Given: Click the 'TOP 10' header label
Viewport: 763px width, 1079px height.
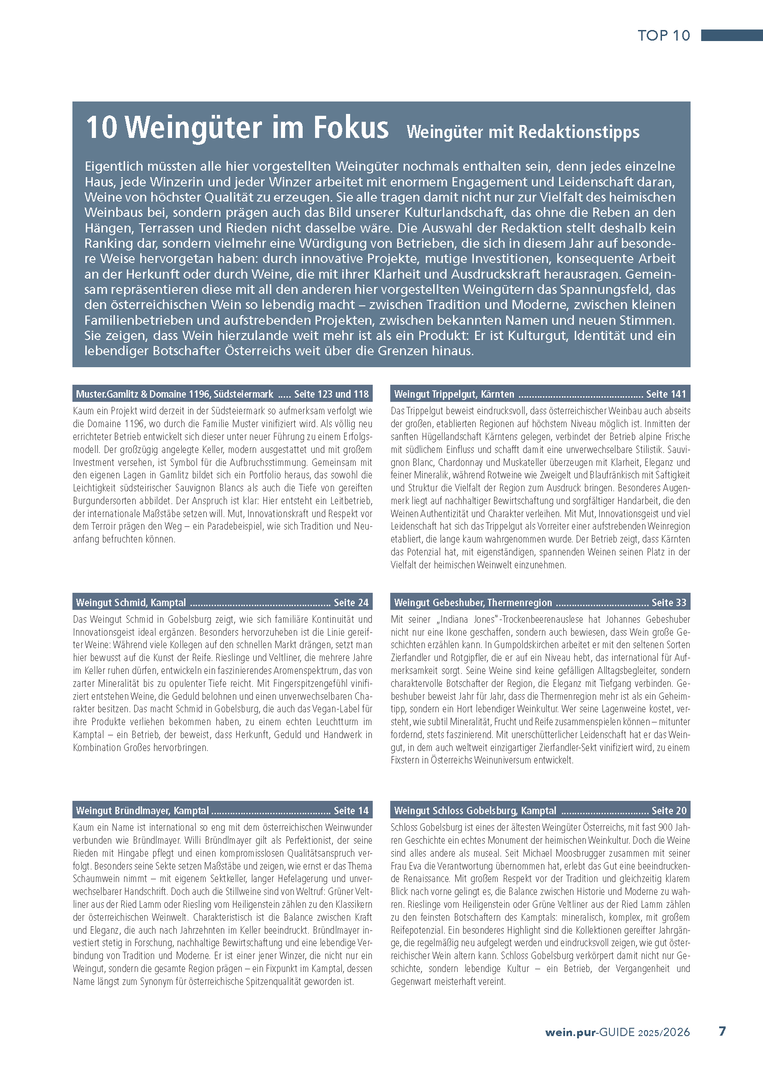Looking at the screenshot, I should click(663, 35).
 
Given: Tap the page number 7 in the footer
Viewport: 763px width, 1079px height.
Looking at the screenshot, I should click(722, 1031).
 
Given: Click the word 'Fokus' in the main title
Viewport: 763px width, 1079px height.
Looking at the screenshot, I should click(351, 127).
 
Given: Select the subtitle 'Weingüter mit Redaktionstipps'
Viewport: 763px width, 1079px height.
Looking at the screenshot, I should click(523, 132).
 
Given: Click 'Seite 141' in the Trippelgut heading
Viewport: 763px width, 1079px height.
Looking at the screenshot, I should click(666, 394).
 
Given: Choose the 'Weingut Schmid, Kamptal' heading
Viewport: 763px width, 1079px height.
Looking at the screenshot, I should click(131, 602).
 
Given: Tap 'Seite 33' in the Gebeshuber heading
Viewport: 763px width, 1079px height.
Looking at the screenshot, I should click(668, 602).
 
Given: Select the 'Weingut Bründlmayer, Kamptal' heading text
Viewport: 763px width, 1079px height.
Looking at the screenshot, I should click(143, 811).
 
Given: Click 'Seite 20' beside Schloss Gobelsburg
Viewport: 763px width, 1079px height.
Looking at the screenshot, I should click(668, 811).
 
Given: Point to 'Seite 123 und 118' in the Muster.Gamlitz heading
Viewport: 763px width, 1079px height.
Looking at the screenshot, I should click(331, 394).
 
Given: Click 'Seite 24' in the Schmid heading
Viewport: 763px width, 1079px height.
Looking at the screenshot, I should click(351, 602).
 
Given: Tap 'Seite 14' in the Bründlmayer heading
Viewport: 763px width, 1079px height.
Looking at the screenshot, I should click(351, 811).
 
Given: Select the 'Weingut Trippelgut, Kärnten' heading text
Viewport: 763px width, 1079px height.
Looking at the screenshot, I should click(454, 394).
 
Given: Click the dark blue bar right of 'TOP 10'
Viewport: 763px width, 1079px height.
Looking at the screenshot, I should click(732, 35).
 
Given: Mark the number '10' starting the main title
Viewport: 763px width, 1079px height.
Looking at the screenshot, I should click(101, 127).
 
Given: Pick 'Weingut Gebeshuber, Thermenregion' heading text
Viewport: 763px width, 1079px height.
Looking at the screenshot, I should click(473, 602).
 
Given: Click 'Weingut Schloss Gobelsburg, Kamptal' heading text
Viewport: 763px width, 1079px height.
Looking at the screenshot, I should click(475, 811).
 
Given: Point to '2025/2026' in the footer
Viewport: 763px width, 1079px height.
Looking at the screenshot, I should click(664, 1032).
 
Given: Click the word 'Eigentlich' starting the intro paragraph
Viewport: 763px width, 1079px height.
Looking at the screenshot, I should click(113, 167).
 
